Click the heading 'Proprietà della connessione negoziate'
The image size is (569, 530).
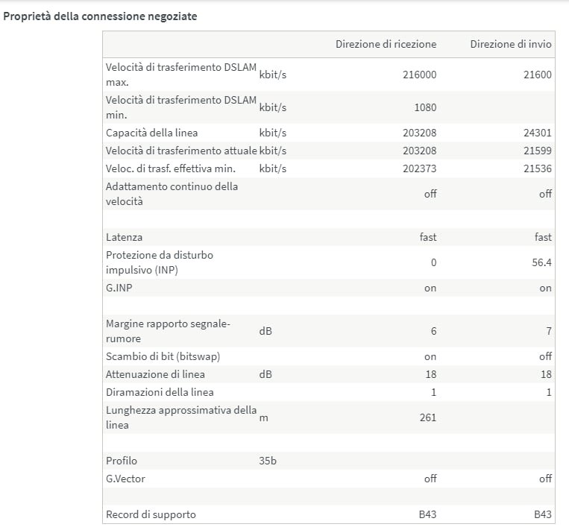tap(100, 16)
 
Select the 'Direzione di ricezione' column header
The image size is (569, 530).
tap(386, 45)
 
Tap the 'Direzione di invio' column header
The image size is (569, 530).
tap(511, 45)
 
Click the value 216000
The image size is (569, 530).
tap(420, 75)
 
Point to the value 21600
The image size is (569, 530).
tap(538, 75)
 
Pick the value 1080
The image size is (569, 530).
tap(425, 107)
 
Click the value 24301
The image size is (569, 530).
tap(538, 133)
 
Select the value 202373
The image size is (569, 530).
tap(420, 168)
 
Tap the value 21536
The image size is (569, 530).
tap(538, 168)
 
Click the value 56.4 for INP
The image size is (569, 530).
tap(542, 262)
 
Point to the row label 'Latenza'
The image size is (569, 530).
tap(124, 237)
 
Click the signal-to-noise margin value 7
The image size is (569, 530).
tap(549, 331)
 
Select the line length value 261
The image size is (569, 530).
tap(428, 417)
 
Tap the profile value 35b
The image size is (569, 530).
tap(268, 461)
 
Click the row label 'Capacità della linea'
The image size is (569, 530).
tap(152, 133)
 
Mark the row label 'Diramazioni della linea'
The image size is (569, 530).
tap(160, 392)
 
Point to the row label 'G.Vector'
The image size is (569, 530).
tap(125, 479)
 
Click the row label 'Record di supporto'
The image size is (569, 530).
tap(151, 514)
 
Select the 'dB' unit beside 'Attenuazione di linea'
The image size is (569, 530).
tap(265, 374)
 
